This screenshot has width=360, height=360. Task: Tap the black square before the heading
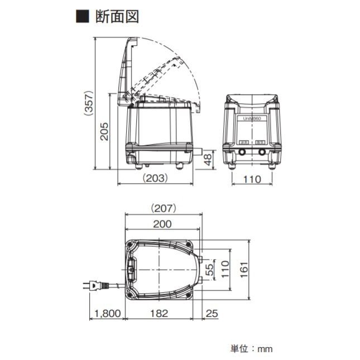[81, 16]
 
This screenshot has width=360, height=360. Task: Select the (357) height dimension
[88, 104]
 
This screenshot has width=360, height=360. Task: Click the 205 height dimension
[104, 132]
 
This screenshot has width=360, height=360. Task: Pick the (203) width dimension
[157, 179]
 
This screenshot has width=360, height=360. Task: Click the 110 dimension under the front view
[252, 179]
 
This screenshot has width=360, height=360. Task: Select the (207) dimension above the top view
[163, 208]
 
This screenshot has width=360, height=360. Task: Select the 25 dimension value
[212, 314]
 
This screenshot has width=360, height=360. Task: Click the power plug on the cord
[95, 285]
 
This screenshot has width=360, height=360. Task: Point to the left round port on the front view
[243, 151]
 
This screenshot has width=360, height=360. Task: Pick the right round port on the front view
[261, 151]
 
